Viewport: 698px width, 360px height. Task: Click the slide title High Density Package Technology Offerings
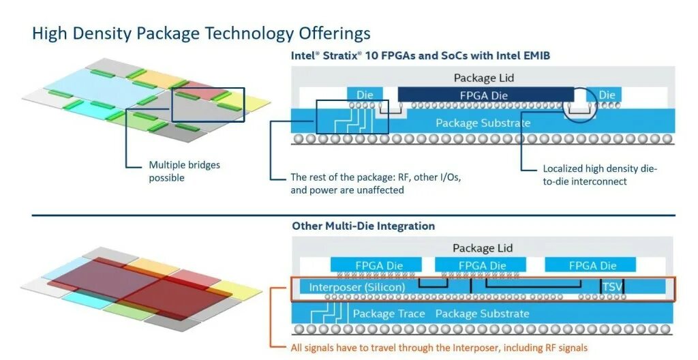202,33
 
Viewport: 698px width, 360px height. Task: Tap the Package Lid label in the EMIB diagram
483,78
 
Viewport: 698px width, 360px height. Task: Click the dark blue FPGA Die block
485,95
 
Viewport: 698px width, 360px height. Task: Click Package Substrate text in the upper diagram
483,123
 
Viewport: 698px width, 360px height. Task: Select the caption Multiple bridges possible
184,171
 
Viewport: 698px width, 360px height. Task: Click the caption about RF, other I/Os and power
376,183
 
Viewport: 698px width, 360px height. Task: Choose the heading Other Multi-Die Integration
363,226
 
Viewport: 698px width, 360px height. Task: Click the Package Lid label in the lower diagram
483,248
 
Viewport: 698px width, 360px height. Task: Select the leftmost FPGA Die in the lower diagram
379,265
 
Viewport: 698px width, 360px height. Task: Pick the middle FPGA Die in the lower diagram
482,265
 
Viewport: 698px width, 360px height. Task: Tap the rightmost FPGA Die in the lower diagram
590,265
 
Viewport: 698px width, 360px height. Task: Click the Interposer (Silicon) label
357,288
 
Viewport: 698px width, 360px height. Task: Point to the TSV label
611,288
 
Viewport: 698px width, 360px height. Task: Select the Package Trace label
389,314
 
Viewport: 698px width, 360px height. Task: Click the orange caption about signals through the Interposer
439,348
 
